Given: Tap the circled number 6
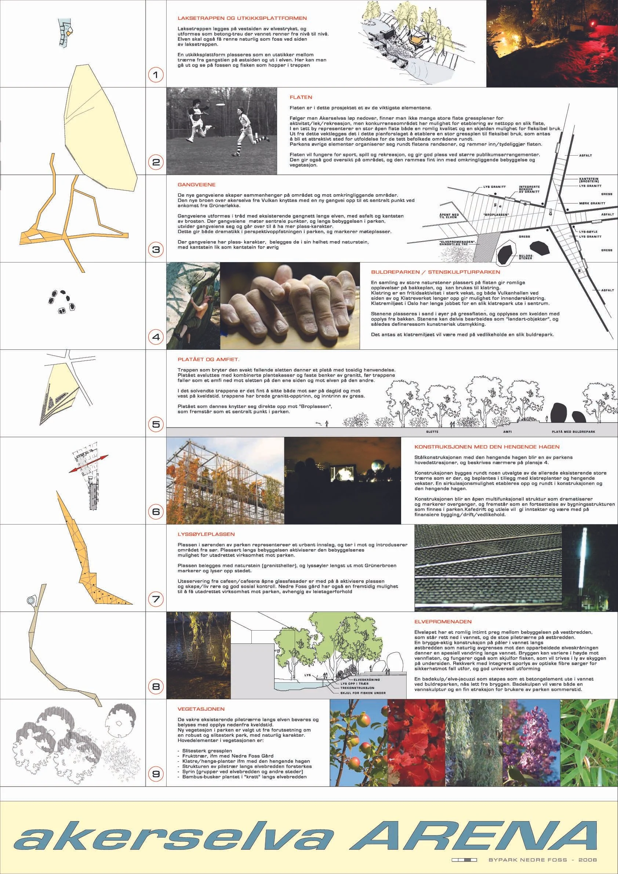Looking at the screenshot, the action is click(x=156, y=511).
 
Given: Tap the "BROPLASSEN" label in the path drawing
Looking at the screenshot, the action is click(x=495, y=215).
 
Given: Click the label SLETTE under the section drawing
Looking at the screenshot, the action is click(x=433, y=432).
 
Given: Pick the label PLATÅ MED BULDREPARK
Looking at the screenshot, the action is click(x=574, y=432).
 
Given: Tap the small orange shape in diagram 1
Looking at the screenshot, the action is click(x=69, y=33).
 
